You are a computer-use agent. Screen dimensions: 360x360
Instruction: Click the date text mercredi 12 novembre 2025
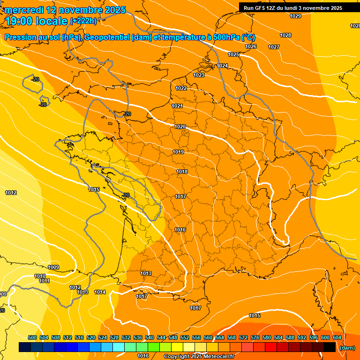pyautogui.click(x=65, y=9)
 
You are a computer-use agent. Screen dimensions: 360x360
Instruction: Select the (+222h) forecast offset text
pyautogui.click(x=83, y=21)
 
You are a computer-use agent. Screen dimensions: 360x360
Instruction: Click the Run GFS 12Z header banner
pyautogui.click(x=292, y=8)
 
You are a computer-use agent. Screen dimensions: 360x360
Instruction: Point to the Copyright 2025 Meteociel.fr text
pyautogui.click(x=199, y=356)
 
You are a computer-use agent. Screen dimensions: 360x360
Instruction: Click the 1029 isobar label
pyautogui.click(x=295, y=16)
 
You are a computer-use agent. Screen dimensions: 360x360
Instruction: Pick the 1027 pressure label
pyautogui.click(x=274, y=47)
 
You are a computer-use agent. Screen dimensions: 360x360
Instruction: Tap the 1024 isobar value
pyautogui.click(x=222, y=66)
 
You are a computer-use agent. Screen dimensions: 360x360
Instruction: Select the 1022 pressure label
pyautogui.click(x=181, y=88)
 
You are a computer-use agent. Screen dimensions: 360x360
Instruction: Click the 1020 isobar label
pyautogui.click(x=180, y=127)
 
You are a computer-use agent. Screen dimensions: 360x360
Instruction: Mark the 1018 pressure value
pyautogui.click(x=182, y=172)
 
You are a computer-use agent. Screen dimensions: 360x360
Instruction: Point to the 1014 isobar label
pyautogui.click(x=100, y=292)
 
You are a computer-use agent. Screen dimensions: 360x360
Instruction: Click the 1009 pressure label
pyautogui.click(x=53, y=267)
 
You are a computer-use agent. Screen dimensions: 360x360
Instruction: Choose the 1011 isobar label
pyautogui.click(x=45, y=281)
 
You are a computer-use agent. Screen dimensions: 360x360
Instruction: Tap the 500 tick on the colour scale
pyautogui.click(x=32, y=337)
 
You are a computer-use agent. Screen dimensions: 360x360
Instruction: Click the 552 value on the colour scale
pyautogui.click(x=185, y=337)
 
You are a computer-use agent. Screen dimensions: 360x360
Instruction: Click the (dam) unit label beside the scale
pyautogui.click(x=347, y=348)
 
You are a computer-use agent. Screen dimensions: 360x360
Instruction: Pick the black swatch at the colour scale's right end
pyautogui.click(x=330, y=347)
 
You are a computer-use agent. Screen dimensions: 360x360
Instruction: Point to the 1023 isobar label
pyautogui.click(x=199, y=75)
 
